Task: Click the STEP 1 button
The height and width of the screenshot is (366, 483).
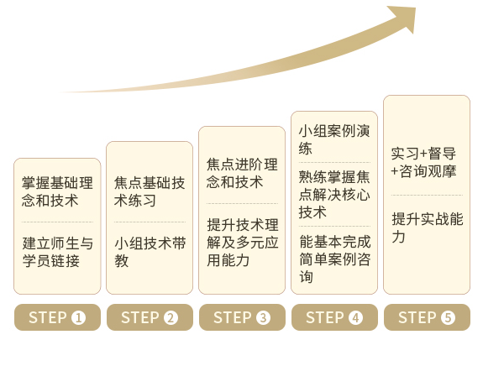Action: pos(57,317)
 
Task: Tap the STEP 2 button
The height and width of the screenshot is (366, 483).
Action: pos(150,317)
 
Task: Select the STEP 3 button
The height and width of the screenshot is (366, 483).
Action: pos(242,317)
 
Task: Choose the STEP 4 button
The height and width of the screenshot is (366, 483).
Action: pos(334,317)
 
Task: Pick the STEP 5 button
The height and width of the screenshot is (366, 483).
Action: pos(427,317)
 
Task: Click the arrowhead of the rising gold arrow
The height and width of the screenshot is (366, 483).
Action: pos(405,17)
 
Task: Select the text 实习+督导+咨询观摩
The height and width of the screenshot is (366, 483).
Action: pos(423,162)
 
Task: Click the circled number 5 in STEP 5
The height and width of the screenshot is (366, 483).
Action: pos(448,317)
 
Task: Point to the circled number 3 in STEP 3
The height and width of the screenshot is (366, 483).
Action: pos(263,317)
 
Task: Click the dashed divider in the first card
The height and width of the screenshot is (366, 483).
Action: pos(57,222)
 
